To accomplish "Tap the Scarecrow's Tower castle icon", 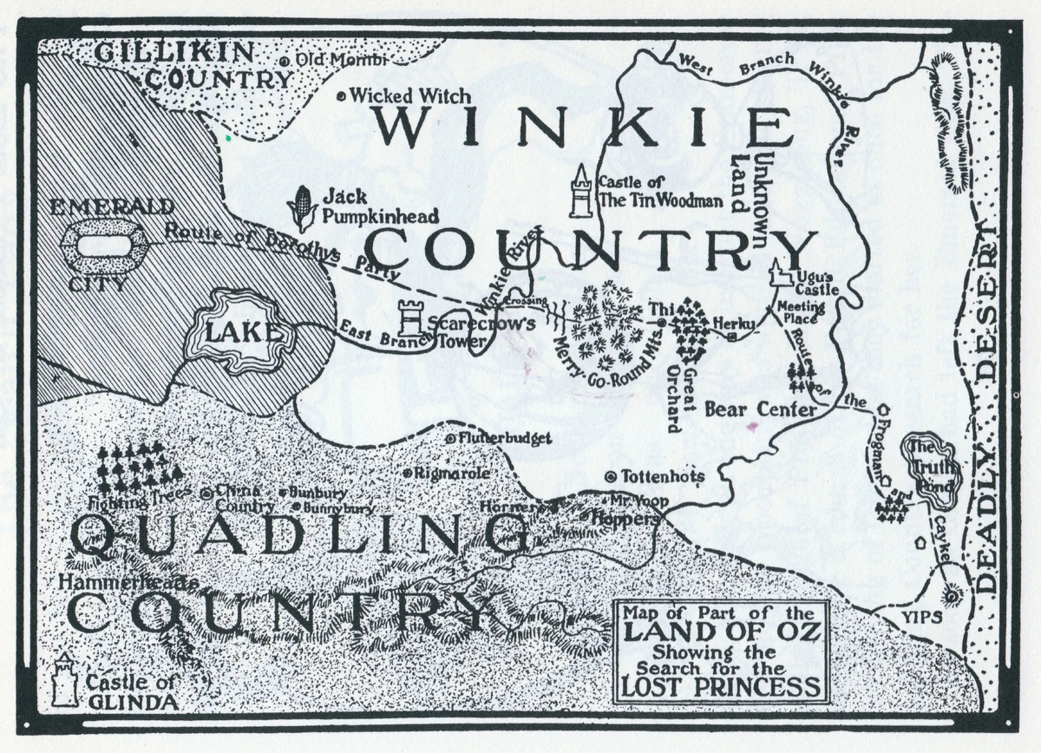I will coord(410,318).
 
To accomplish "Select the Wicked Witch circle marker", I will coord(342,96).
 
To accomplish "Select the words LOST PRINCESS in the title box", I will coord(720,686).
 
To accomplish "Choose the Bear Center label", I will coord(761,409).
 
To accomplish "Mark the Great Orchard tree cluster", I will coord(691,330).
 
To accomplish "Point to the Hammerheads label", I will coord(128,583).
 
